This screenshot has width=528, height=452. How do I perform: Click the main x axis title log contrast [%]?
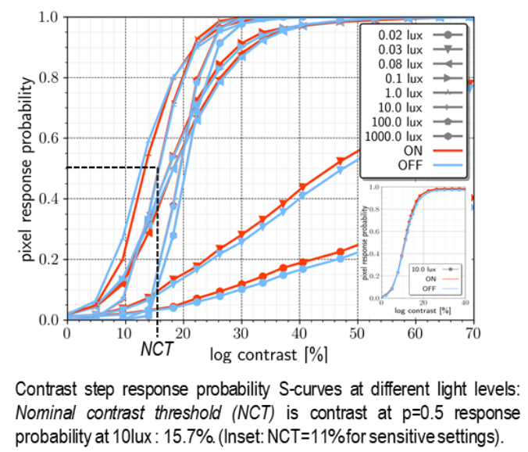point(268,353)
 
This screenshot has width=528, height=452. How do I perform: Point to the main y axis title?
point(28,168)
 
